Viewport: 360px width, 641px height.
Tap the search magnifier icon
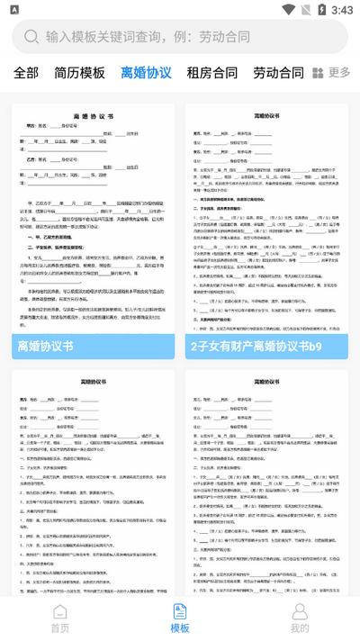point(31,37)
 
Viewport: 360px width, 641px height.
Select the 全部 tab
point(26,73)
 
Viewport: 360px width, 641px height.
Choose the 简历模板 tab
point(79,73)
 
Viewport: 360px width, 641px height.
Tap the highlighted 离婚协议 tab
point(146,73)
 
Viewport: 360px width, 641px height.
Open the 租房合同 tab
point(211,73)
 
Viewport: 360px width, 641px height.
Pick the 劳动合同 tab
point(278,73)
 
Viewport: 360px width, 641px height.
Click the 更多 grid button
point(330,73)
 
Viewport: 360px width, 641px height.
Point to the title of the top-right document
point(267,117)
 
